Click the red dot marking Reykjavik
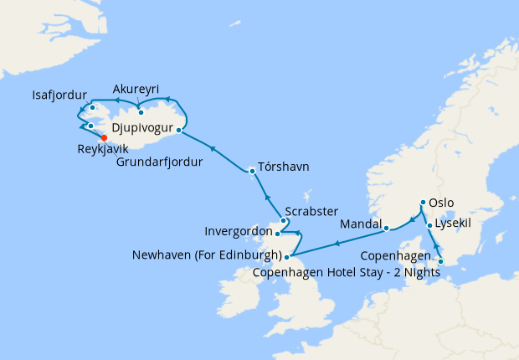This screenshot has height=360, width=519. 104,138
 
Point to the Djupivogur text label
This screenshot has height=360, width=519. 141,129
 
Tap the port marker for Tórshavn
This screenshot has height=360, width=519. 252,171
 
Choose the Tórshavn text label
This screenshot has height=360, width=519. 284,167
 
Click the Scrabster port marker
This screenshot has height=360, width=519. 283,221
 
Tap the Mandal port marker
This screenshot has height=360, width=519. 386,227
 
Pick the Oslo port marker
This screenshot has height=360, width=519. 423,203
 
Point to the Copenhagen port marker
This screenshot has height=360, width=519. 441,261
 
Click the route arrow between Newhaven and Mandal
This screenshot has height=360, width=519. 337,243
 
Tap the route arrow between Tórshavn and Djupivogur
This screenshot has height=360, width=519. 213,149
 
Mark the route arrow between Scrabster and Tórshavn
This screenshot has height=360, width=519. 267,198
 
